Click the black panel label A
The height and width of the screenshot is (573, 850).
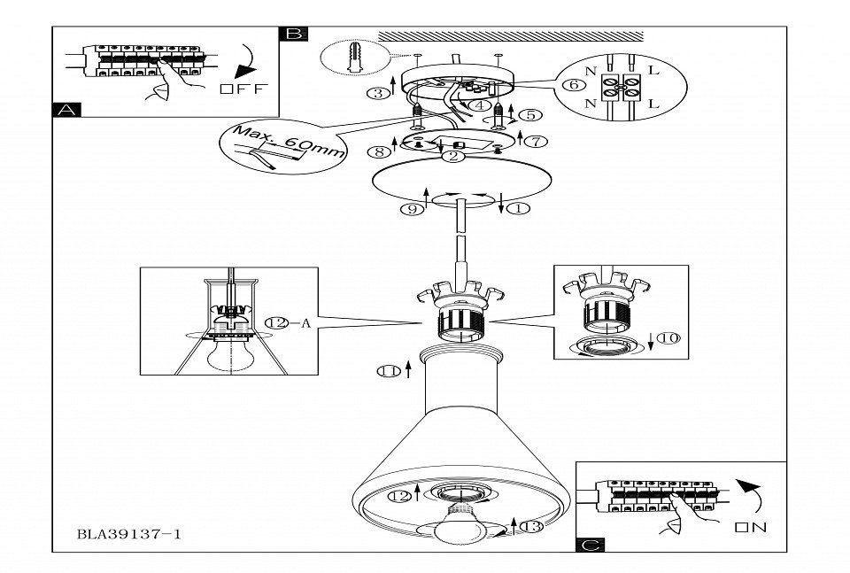click(x=67, y=110)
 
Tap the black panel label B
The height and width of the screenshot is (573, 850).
click(x=293, y=34)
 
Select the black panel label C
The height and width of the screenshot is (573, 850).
click(x=591, y=545)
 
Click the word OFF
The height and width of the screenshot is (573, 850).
click(x=244, y=89)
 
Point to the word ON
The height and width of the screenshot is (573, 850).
click(x=751, y=527)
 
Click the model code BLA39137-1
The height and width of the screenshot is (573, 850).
click(x=129, y=534)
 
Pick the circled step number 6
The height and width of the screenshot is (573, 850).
click(x=574, y=85)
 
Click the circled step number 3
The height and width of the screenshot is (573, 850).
click(x=378, y=93)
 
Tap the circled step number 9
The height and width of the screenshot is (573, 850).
click(x=412, y=209)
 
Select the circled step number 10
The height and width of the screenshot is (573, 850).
click(x=669, y=338)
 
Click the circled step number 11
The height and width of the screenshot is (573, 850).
click(x=389, y=371)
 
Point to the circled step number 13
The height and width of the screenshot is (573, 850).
click(x=531, y=526)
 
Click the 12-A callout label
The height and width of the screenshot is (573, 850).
click(x=288, y=323)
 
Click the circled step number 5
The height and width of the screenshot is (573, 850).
click(x=529, y=115)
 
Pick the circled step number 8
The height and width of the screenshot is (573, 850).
click(x=379, y=152)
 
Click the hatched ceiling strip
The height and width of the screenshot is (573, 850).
click(x=511, y=36)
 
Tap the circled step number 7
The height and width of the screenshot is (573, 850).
click(x=537, y=142)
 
